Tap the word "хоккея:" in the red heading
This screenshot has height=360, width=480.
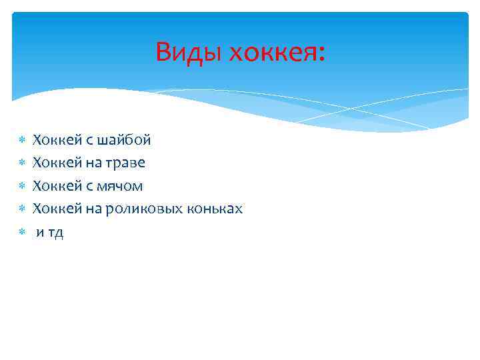pos(277,51)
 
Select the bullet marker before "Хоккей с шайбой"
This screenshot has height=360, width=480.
pos(21,141)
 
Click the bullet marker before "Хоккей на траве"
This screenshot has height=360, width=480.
pos(21,163)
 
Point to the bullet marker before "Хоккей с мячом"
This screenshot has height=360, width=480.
pos(21,187)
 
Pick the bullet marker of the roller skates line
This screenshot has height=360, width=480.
pos(21,209)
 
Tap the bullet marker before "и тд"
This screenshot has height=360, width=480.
pos(21,233)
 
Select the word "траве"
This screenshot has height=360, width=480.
pos(124,163)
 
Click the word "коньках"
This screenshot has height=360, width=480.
pos(218,209)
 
